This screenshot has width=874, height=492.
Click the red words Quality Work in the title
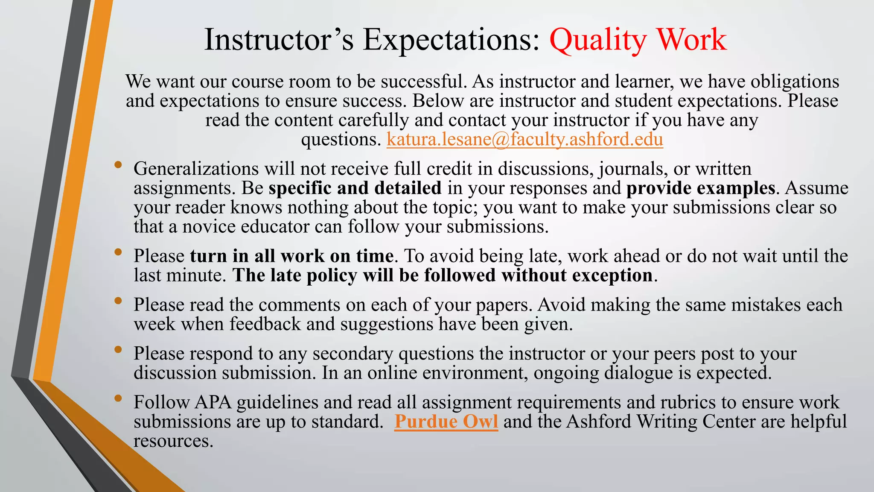[x=638, y=40]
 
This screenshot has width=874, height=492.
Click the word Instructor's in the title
[x=279, y=40]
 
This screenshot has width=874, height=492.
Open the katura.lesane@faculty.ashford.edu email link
[x=524, y=140]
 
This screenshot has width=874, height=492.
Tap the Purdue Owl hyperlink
[x=446, y=422]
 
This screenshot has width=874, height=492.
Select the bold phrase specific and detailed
[x=355, y=188]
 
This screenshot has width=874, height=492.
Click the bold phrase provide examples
[x=700, y=188]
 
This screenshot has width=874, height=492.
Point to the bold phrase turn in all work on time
[x=291, y=256]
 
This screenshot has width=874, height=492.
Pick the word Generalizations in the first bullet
[x=196, y=169]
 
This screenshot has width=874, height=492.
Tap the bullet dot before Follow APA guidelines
[x=118, y=398]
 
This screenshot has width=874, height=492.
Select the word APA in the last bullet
[x=213, y=402]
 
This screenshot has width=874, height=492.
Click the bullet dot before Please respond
[x=118, y=349]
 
